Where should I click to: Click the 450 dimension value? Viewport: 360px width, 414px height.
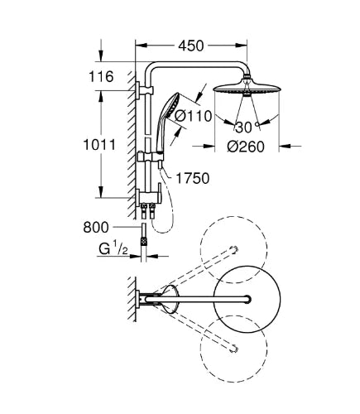[191, 46]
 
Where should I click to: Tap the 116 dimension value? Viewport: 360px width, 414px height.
[101, 76]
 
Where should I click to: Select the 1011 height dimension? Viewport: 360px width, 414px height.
[99, 145]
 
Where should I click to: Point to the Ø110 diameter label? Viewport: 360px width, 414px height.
[194, 116]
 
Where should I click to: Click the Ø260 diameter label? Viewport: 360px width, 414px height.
[246, 147]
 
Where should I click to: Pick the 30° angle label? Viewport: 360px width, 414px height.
[247, 128]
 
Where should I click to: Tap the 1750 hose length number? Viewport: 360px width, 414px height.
[193, 178]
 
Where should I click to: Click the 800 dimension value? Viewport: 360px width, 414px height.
[96, 228]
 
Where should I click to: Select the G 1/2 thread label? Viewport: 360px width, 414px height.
[113, 249]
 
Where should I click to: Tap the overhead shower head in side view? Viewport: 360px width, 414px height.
[247, 88]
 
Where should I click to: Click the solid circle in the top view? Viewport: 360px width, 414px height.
[247, 299]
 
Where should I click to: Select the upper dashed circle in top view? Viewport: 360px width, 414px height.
[233, 249]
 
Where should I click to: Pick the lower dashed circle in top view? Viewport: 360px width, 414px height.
[233, 349]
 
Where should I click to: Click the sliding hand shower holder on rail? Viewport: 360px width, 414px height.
[151, 157]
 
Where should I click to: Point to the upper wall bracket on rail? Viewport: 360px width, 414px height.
[144, 90]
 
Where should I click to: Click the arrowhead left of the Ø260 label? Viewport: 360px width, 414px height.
[209, 147]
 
